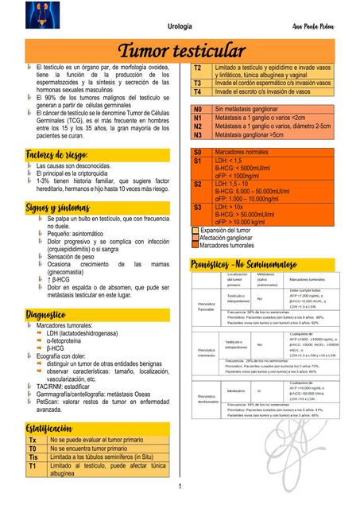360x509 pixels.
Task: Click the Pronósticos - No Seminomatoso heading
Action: pos(243,263)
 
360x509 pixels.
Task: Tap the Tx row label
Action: pos(33,440)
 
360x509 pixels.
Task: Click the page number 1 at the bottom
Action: pos(180,487)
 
